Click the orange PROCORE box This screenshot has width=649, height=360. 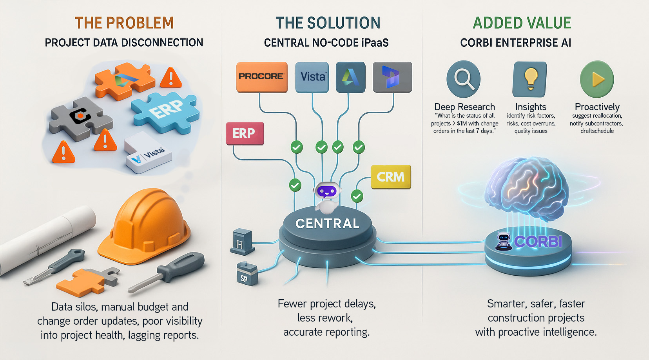261,76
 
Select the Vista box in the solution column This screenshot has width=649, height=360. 312,76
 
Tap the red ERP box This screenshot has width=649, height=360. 245,133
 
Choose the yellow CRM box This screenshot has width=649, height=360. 390,177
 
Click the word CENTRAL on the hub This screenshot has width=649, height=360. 327,224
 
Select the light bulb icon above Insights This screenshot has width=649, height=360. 530,78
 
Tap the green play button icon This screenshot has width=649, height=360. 597,79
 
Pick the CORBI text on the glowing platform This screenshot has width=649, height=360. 538,242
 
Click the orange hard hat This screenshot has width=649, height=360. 145,227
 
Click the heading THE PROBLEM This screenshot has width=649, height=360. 124,23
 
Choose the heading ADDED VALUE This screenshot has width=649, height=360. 522,23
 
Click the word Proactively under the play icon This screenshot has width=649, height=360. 597,107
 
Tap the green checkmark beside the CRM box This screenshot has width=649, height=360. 357,196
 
